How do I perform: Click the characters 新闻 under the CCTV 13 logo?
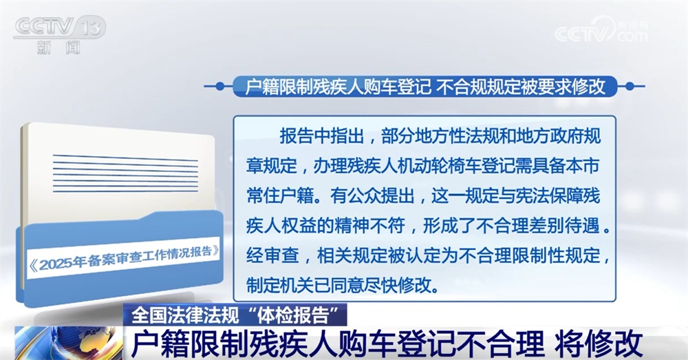58,48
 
